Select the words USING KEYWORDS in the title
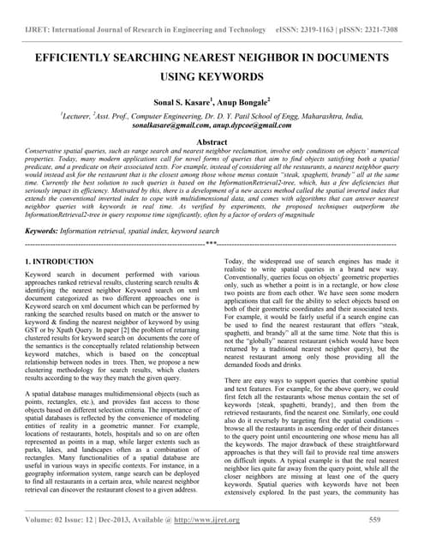coord(212,77)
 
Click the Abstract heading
coord(212,142)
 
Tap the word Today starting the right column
coord(234,261)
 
